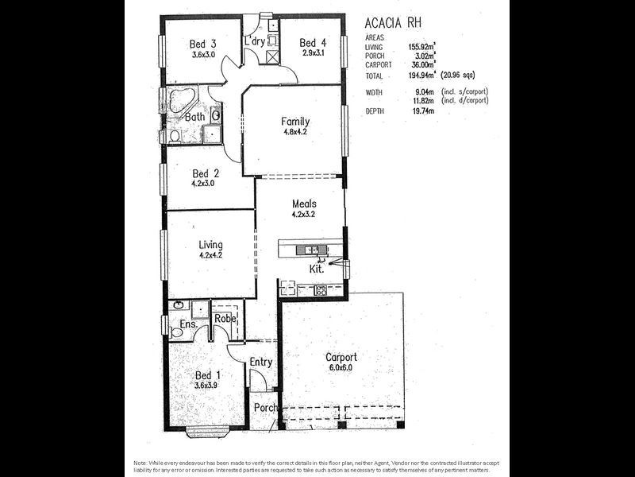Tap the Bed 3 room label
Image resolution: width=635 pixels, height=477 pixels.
[x=204, y=44]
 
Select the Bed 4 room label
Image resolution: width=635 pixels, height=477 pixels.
[x=314, y=43]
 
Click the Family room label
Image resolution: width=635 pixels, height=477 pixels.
[x=295, y=122]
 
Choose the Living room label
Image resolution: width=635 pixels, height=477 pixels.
[x=210, y=245]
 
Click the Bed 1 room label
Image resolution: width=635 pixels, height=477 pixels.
[x=208, y=374]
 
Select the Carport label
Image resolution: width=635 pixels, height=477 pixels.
[x=341, y=357]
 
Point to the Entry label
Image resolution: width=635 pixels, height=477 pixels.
[x=261, y=363]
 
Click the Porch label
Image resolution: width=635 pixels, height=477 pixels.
[x=266, y=408]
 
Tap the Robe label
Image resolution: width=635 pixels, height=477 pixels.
[x=226, y=318]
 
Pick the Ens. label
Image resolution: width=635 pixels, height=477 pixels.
[x=188, y=324]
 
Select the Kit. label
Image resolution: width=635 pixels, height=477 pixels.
[x=316, y=269]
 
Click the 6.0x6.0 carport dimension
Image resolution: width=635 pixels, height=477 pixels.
[x=341, y=367]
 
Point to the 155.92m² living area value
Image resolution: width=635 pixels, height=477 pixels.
[x=425, y=47]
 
